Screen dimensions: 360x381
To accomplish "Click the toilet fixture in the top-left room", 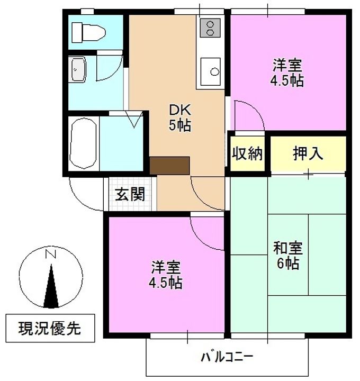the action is (89, 33).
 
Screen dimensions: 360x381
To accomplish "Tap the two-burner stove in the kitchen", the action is (210, 28).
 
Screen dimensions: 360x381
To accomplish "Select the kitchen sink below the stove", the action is (211, 71).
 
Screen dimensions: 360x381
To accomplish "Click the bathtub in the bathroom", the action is (83, 143).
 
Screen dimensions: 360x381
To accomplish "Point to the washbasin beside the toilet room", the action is (77, 69).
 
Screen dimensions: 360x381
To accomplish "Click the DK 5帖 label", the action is (180, 118).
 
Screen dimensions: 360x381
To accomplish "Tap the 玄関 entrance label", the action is (130, 194).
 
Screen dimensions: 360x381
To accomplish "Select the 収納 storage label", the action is (247, 153).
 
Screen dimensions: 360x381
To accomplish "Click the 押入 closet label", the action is (308, 153).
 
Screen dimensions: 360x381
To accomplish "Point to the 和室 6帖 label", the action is (288, 256).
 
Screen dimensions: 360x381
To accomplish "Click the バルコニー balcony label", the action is (227, 357).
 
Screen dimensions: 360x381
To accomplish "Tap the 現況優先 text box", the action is (50, 328).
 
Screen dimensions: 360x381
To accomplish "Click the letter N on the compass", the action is (51, 254).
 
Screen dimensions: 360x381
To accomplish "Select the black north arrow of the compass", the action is (51, 286).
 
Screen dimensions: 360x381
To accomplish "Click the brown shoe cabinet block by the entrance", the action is (169, 166).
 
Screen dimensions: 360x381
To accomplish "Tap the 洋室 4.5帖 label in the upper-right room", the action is (287, 72).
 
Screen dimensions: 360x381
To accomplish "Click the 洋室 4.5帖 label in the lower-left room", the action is (166, 274).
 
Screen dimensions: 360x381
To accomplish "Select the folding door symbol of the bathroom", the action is (134, 119).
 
